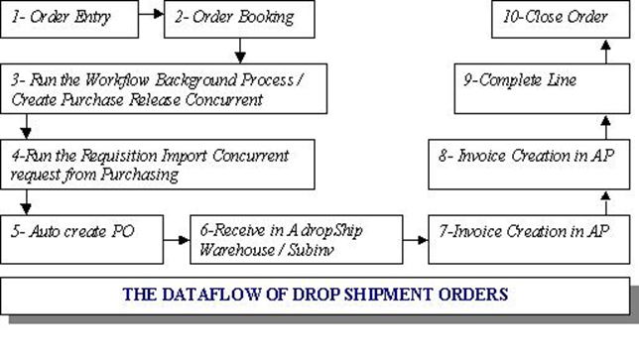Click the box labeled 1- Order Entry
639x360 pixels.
(66, 18)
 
